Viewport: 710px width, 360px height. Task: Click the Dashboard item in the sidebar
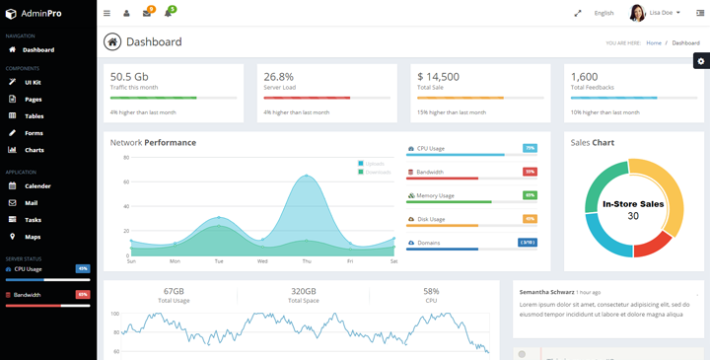37,49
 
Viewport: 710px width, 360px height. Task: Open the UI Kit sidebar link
33,83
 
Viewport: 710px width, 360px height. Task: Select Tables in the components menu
34,116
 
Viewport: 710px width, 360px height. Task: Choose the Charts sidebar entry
34,150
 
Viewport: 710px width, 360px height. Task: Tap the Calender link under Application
37,185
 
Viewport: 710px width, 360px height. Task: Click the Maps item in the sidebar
33,237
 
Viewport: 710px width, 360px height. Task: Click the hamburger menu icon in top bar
106,13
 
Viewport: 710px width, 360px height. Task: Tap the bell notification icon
169,13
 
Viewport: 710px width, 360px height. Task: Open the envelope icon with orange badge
147,13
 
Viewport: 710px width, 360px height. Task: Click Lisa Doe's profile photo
637,13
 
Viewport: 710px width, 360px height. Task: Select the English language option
603,13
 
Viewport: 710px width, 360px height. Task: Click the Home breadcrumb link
654,43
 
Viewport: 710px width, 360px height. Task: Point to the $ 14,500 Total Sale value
438,76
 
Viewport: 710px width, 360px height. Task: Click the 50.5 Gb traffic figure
129,76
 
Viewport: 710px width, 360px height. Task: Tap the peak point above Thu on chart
307,177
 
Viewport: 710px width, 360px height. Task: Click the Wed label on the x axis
262,261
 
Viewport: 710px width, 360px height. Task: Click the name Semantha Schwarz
546,292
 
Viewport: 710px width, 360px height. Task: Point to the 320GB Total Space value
304,291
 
